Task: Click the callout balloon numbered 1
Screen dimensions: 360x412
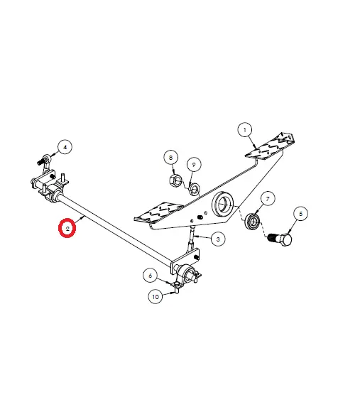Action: pos(245,130)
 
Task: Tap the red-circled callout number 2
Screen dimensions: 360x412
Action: pos(67,228)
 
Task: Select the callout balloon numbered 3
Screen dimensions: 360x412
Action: pos(218,239)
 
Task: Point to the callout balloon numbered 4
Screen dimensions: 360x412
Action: pos(65,147)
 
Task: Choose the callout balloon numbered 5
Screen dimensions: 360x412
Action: pos(300,214)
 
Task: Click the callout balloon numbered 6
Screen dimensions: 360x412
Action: pos(151,276)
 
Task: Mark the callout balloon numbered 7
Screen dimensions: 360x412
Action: pos(268,199)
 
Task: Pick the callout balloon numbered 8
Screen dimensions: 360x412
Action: pos(171,158)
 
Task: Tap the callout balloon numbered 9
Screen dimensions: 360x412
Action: pos(194,165)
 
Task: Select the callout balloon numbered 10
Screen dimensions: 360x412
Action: pos(156,296)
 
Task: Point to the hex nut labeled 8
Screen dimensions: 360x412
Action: pos(175,180)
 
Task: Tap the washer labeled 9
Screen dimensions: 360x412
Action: pos(195,188)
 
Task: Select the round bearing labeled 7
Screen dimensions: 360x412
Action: pos(253,221)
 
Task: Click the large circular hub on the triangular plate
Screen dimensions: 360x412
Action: pos(223,204)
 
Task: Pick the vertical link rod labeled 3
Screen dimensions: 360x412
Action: pos(192,237)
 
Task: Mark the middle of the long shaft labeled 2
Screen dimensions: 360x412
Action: pos(114,228)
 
